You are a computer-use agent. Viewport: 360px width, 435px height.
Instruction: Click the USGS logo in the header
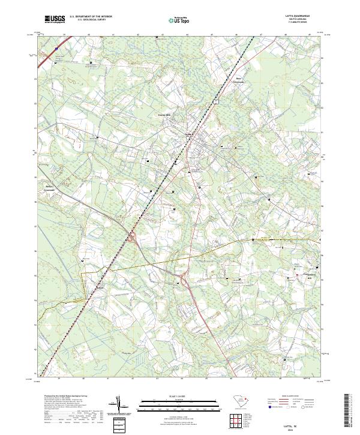[x=55, y=19]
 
